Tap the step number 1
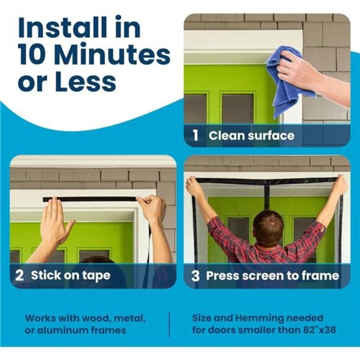196,135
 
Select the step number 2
20,275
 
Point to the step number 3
196,276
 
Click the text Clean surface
251,135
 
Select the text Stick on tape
70,275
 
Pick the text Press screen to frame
272,276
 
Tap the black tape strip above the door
90,199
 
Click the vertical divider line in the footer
169,323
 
